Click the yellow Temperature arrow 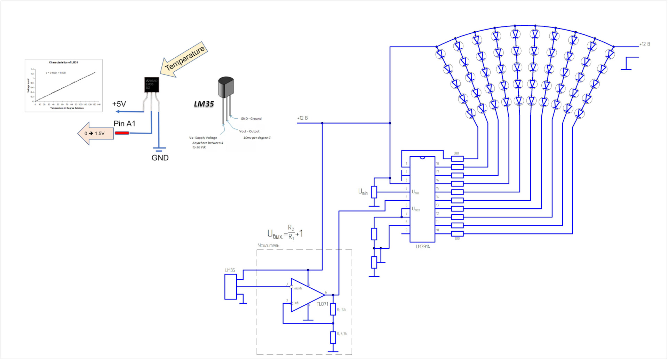coord(185,59)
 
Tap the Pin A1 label coord(124,123)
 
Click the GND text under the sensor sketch coord(160,158)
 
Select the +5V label coord(119,104)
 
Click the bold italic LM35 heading coord(204,104)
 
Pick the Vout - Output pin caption coord(249,131)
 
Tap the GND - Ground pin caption coord(251,119)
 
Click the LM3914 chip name coord(423,247)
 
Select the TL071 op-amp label coord(322,304)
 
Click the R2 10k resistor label coord(341,309)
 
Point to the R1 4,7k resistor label coord(342,334)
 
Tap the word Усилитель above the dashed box coord(268,246)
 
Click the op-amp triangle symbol coord(306,295)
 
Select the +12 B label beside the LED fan coord(644,44)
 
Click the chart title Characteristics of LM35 coord(63,63)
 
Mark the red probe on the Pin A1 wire coord(122,133)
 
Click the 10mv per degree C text coord(257,138)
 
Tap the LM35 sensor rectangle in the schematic coord(230,287)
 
